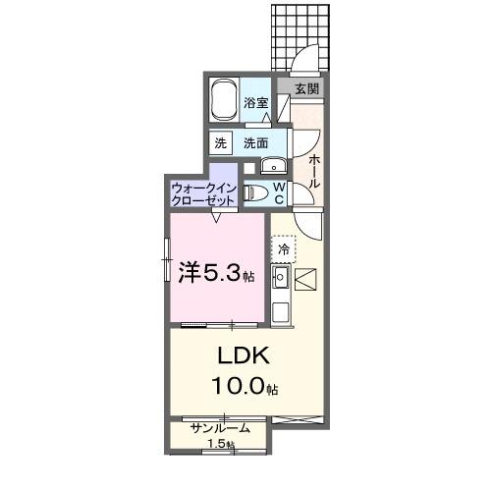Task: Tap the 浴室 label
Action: click(256, 101)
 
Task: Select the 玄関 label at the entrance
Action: click(306, 88)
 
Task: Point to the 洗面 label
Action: click(256, 142)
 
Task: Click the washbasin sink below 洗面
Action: click(270, 165)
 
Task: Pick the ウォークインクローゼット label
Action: click(202, 192)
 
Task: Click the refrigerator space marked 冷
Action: click(284, 250)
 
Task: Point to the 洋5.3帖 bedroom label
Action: click(216, 272)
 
